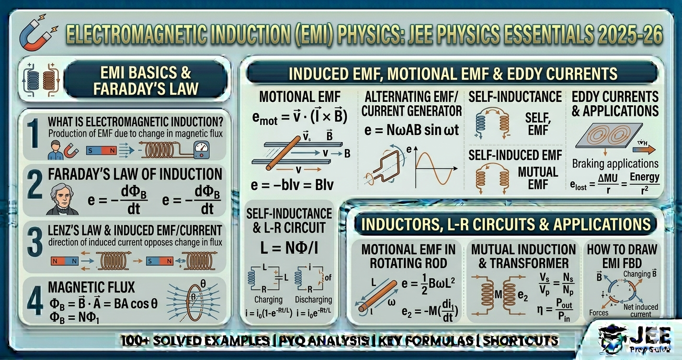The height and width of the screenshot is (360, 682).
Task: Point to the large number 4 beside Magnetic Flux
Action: coord(34,301)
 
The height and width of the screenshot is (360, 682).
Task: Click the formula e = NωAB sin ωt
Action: coord(411,130)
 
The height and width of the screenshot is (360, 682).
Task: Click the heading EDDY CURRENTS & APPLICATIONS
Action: coord(615,104)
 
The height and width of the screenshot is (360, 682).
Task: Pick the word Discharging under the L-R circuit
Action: coord(313,300)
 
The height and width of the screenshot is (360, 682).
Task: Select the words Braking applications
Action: coord(615,164)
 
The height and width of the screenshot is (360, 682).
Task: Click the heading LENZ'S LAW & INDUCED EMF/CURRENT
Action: coord(135,230)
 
